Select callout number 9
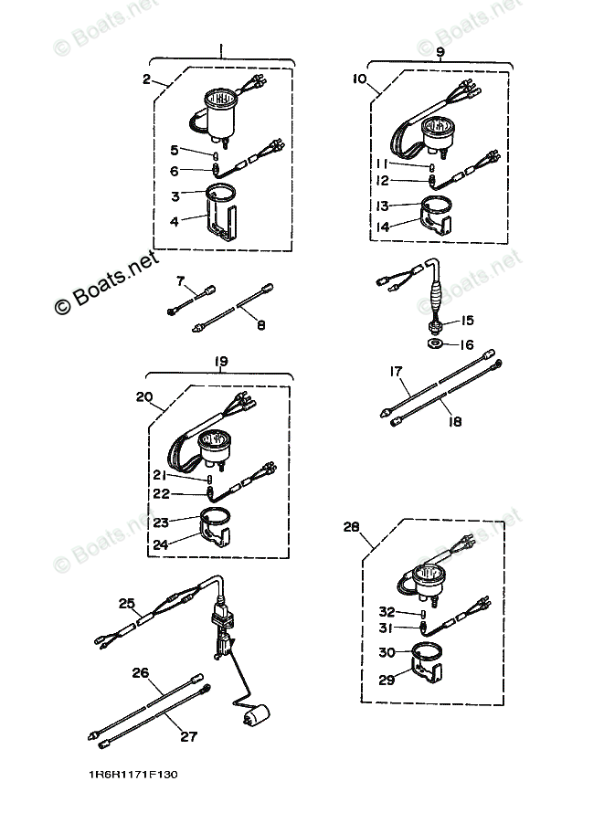[440, 52]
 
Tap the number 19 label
[220, 362]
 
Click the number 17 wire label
[396, 372]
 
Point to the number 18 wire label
[454, 422]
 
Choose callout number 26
[140, 674]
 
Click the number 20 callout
[143, 398]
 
